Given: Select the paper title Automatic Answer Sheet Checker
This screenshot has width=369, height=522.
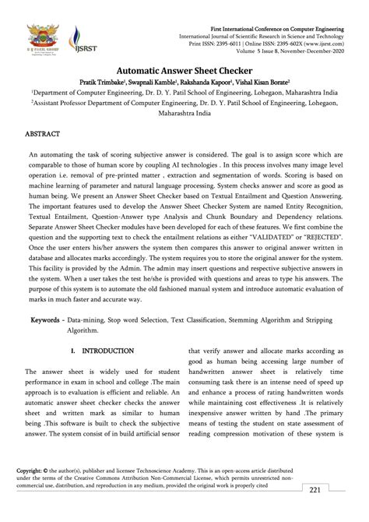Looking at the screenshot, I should click(184, 68).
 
